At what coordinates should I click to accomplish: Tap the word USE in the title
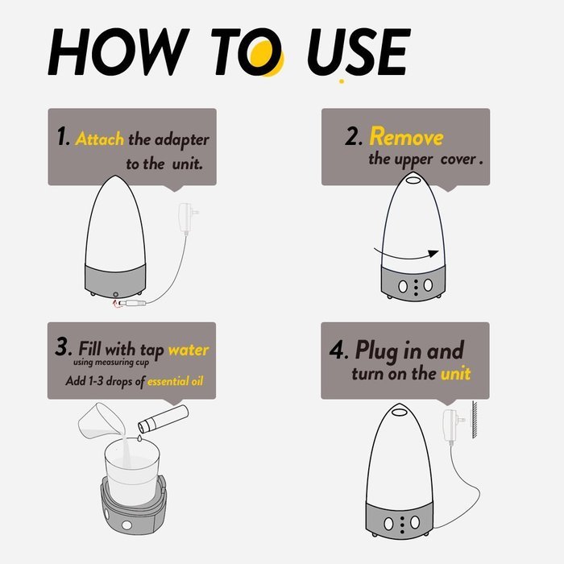point(359,52)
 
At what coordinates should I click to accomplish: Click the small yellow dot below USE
point(342,81)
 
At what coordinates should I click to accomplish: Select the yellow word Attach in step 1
point(100,139)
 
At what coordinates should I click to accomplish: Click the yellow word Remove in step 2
point(406,137)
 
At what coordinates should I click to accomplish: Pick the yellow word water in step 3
point(189,350)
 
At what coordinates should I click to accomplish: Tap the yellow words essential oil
point(175,381)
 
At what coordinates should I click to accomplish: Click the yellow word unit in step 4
point(456,373)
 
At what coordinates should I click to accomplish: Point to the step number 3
point(64,346)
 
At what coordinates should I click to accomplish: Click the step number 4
point(338,350)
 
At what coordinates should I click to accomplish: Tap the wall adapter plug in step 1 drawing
point(188,218)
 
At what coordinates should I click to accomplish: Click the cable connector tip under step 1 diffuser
point(132,303)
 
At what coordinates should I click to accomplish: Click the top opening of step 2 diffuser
point(413,178)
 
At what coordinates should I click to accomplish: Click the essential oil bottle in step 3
point(164,418)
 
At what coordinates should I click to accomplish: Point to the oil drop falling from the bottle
point(139,438)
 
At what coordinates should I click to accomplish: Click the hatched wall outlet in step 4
point(475,420)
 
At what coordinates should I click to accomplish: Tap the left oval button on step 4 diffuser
point(388,524)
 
